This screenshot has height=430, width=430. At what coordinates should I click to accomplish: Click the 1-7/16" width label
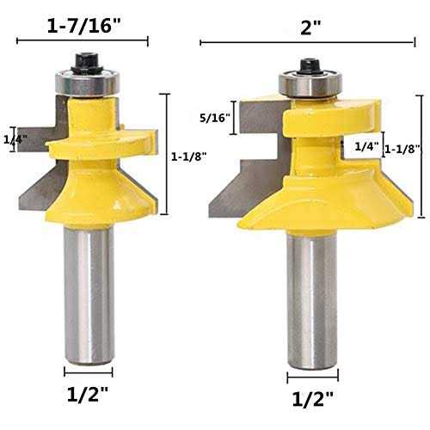(x=82, y=26)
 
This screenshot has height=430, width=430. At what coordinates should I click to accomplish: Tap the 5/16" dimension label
(x=215, y=118)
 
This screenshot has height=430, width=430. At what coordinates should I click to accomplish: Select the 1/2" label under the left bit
(x=88, y=394)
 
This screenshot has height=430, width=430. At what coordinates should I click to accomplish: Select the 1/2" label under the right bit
(x=313, y=399)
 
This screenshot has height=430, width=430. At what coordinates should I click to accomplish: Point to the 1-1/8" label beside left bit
(x=189, y=157)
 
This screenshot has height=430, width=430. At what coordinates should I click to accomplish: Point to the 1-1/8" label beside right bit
(x=402, y=149)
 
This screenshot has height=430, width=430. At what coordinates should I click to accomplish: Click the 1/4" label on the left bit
(x=15, y=139)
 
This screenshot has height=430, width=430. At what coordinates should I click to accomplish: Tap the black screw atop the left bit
(x=88, y=63)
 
